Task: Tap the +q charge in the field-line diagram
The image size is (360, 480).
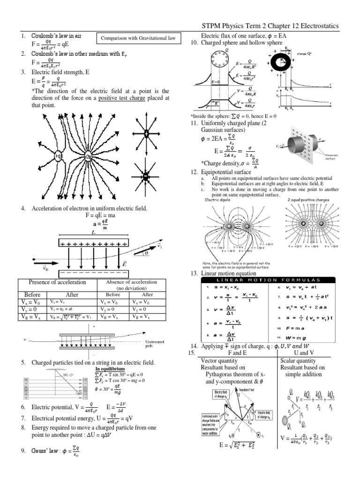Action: (x=59, y=156)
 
